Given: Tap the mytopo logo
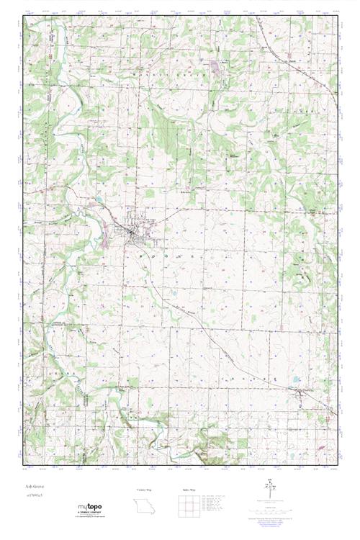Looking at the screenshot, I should coord(90,508).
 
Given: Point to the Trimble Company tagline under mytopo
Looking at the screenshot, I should coord(90,514).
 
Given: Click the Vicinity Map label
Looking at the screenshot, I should coord(145,490).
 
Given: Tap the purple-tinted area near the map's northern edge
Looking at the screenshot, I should coord(216,68).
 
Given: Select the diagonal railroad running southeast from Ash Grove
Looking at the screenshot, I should coord(216,331).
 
